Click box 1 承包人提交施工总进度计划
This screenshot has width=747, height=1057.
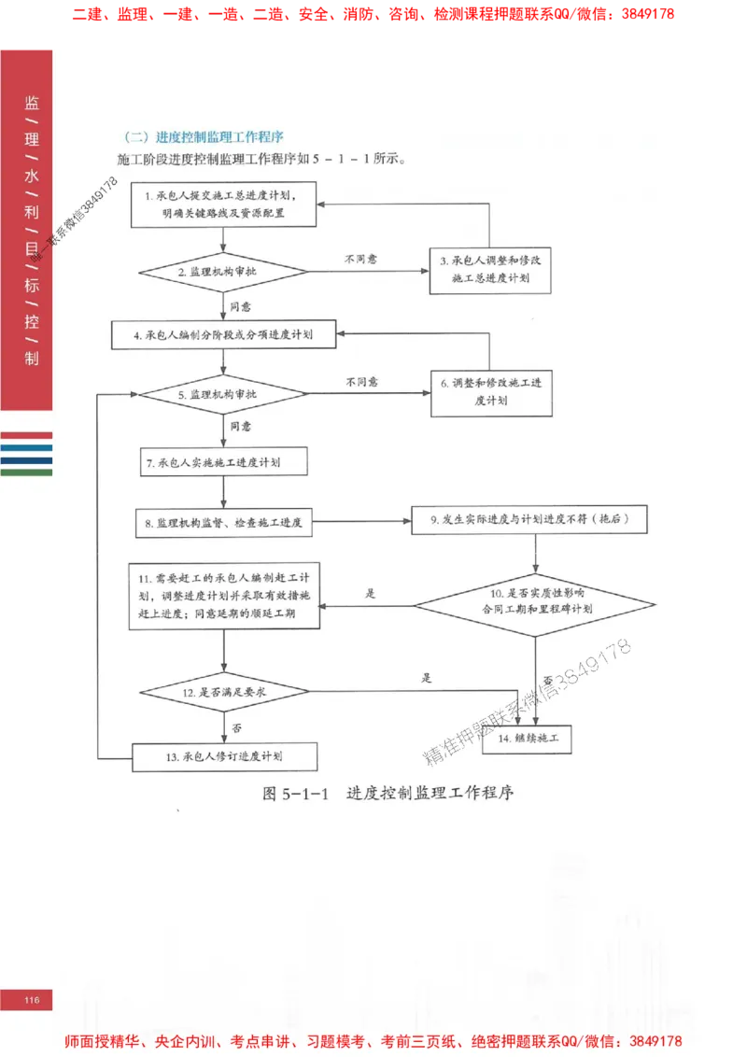pos(223,204)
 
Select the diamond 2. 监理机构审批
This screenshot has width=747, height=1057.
pos(223,272)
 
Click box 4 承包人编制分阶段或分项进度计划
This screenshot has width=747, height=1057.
pos(223,334)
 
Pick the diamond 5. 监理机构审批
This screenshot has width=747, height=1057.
pos(223,395)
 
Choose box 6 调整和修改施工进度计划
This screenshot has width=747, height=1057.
pos(491,390)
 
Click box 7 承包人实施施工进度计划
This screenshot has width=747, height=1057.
pos(223,461)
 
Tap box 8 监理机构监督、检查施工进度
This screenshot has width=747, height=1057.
pos(223,523)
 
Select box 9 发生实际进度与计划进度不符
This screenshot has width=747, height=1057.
pos(529,520)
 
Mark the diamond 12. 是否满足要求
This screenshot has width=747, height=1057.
pos(224,692)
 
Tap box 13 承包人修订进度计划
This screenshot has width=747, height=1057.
pos(224,756)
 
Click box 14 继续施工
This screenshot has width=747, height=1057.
pos(526,738)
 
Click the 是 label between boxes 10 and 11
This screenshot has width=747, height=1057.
pos(370,593)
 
